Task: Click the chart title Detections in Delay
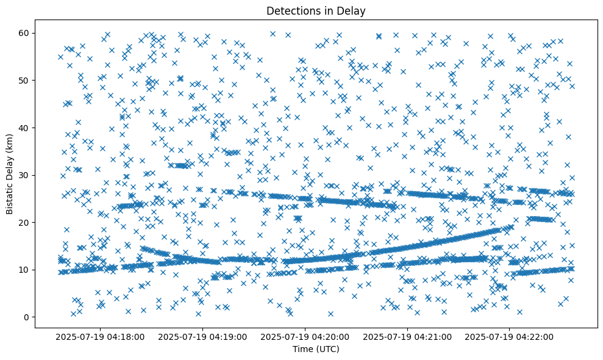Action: (x=316, y=10)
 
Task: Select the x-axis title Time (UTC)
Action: (x=316, y=349)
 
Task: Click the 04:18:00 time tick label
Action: (x=100, y=336)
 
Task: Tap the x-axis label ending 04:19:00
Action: (x=202, y=336)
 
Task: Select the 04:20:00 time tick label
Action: (x=305, y=336)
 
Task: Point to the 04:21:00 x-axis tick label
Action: (x=407, y=336)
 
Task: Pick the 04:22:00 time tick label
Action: (x=510, y=336)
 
